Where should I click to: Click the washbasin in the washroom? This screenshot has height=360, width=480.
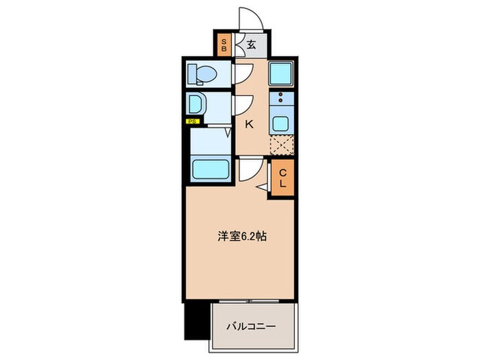[196, 105]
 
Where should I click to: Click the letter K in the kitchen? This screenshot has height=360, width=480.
[250, 125]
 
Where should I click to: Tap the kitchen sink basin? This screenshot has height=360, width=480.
[281, 124]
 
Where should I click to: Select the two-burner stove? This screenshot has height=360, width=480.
[281, 100]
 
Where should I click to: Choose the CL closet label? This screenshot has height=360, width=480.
[282, 179]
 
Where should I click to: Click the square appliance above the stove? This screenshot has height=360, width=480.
[281, 73]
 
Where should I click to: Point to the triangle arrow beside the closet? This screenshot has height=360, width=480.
[263, 187]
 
